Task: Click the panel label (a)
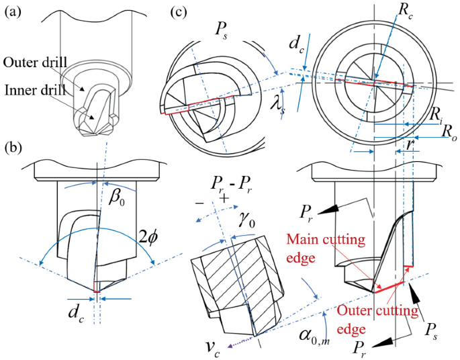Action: (14, 11)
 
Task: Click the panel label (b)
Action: (14, 146)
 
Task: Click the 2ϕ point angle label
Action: (148, 237)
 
